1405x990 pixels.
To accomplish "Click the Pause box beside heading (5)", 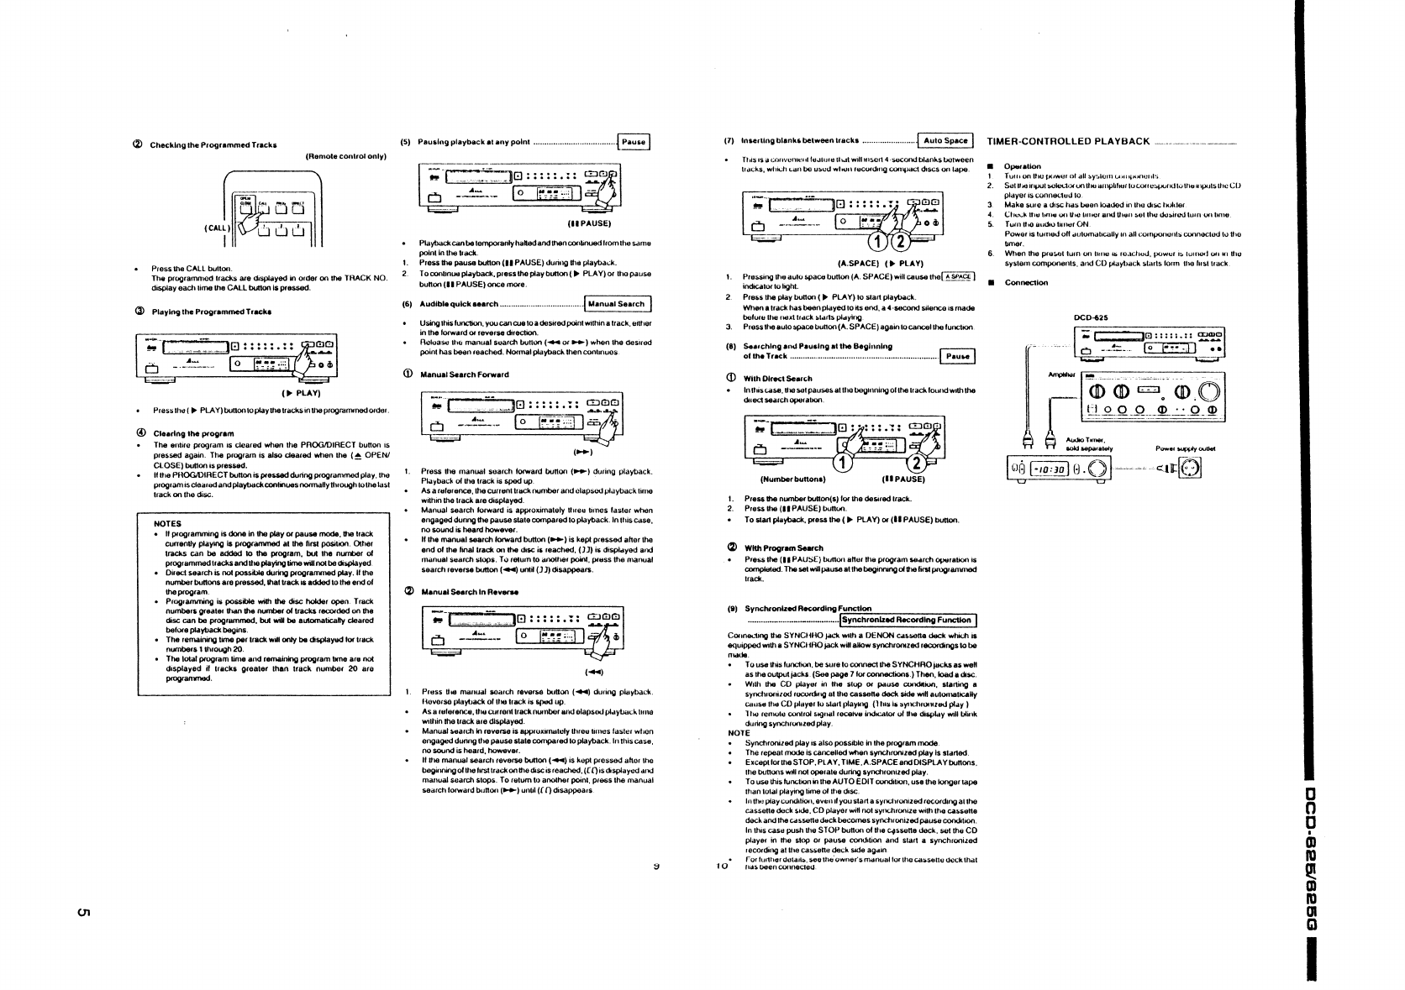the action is (x=634, y=142).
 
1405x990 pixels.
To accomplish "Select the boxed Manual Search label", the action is (x=617, y=304).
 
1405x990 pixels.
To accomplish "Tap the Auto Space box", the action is (x=945, y=141).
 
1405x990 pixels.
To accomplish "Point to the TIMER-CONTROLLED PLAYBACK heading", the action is (x=1068, y=141).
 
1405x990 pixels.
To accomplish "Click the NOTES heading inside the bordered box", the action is (x=168, y=523).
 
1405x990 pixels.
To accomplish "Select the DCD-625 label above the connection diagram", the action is (x=1092, y=317).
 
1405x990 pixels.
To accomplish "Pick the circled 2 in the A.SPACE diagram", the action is (x=899, y=244).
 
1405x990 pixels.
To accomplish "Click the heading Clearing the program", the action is (x=192, y=433).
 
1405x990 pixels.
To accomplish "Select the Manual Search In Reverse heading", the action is (x=469, y=592).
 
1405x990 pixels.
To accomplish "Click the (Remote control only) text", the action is (x=345, y=156).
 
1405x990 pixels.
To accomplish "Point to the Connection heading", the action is (x=1026, y=282).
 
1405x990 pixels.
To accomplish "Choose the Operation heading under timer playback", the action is (x=1023, y=166).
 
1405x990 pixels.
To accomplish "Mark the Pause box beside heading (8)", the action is (x=958, y=356).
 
